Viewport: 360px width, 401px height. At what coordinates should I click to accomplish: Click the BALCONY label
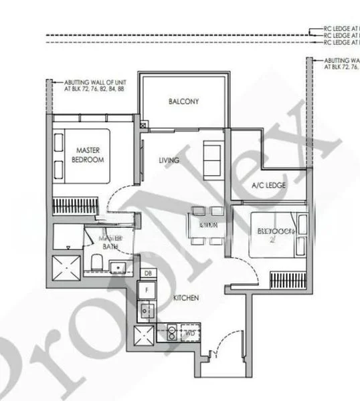183,102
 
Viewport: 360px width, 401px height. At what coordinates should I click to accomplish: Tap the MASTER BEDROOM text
88,155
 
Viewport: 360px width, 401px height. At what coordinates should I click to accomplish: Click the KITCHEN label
185,297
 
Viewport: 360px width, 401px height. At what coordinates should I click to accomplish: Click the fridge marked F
148,289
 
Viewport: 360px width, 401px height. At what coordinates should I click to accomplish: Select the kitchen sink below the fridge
148,310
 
